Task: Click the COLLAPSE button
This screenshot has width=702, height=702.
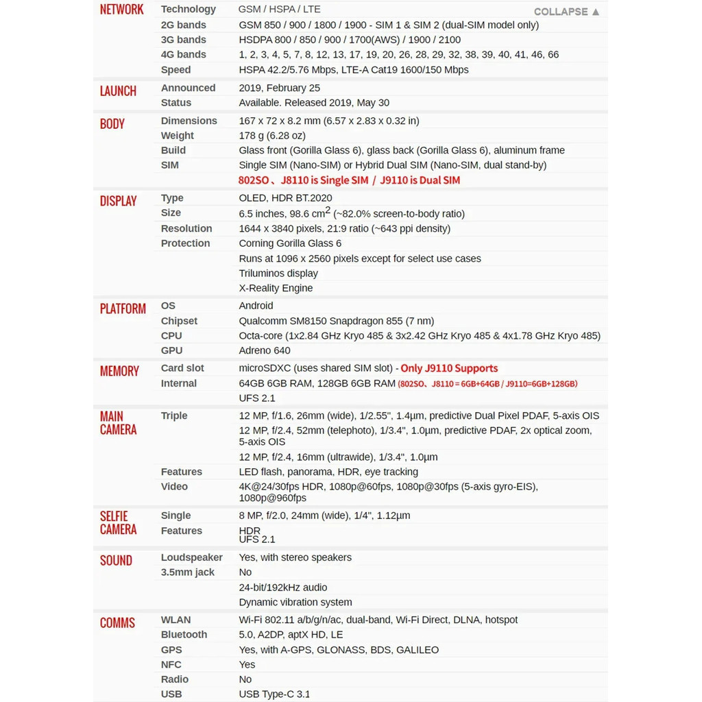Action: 566,12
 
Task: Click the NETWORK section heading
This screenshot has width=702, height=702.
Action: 121,10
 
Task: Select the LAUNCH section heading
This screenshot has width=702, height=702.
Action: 118,91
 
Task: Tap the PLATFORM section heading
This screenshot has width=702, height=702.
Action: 123,309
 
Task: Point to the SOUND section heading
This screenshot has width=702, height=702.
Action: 116,561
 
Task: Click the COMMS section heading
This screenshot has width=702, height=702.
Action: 117,623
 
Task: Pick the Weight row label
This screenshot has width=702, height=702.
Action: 178,136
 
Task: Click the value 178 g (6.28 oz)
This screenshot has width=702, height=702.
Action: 272,136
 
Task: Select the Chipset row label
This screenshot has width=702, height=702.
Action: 179,321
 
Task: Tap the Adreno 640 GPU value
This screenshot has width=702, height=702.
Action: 265,350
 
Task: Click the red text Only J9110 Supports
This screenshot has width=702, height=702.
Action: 449,368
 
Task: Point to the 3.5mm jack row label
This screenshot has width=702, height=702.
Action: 188,572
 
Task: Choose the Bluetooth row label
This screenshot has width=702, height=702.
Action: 184,635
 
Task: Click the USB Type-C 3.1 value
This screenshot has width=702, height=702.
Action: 274,694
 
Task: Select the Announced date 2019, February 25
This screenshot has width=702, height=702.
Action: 279,88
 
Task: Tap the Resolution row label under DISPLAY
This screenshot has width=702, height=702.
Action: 186,228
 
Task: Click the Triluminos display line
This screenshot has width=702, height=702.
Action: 278,274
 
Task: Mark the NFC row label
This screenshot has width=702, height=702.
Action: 171,664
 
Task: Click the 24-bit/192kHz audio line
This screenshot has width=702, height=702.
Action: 283,588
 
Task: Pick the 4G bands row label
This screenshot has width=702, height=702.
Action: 183,54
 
